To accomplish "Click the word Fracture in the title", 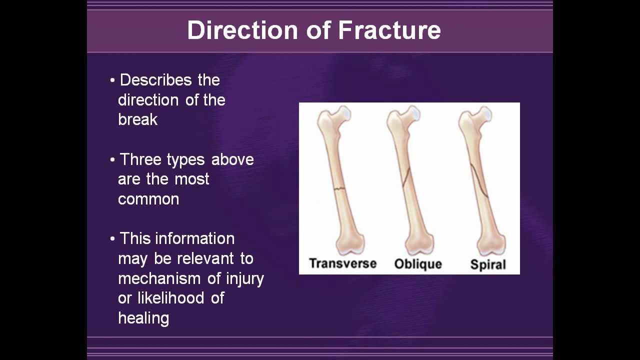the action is point(389,30).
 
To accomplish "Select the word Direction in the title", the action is point(243,30).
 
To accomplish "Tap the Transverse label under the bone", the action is point(343,263).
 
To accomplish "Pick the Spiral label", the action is point(488,264).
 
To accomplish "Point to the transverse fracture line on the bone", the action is point(339,188).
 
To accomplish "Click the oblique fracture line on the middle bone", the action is point(406,177).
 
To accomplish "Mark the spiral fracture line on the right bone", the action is point(479,181).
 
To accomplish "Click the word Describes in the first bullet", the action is point(155,80).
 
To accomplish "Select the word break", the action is point(137,119).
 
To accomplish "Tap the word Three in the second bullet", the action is point(140,159).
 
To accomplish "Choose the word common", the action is point(148,199).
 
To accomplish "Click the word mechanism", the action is point(159,278).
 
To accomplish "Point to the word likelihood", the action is point(171,298).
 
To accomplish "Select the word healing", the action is point(143,318).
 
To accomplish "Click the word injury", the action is point(245,279).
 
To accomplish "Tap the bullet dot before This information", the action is point(112,239).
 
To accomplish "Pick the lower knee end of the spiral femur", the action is point(490,243).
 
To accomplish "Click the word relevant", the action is point(205,258).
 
